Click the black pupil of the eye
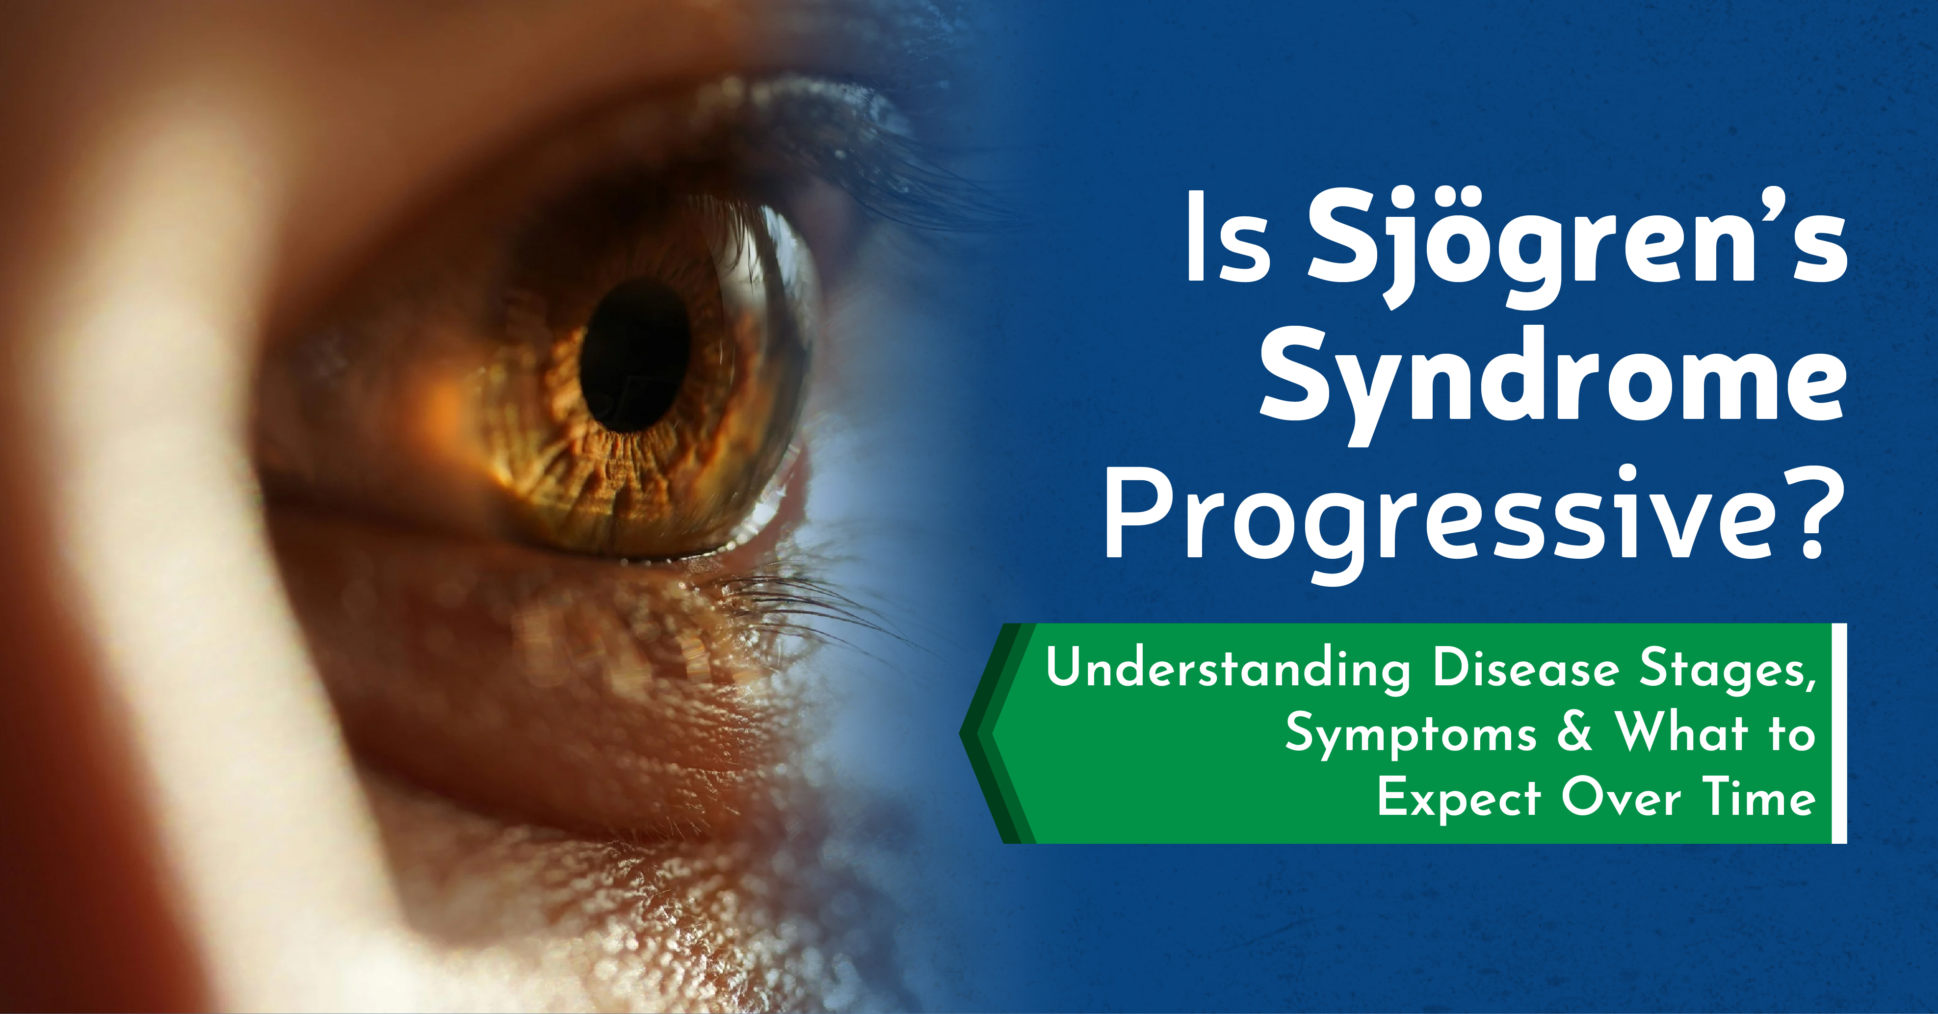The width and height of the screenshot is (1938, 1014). click(636, 355)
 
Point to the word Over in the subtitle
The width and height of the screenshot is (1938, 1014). click(1621, 797)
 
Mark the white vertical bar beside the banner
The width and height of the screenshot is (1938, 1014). click(1839, 733)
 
